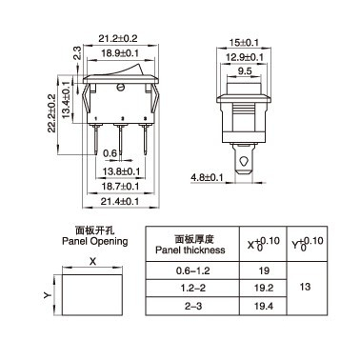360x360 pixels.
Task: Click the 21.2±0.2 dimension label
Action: [x=118, y=39]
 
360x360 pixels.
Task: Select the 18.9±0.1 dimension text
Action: [x=120, y=53]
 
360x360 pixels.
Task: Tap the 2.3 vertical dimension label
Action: [x=77, y=52]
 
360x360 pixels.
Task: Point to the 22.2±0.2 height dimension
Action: [x=51, y=113]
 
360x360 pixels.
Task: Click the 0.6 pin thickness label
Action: [x=110, y=153]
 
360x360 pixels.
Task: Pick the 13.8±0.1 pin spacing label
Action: [x=121, y=171]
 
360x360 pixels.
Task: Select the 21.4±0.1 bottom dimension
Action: [x=120, y=201]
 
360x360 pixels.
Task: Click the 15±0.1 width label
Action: [x=245, y=43]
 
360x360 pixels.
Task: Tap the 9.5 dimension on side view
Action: [x=245, y=71]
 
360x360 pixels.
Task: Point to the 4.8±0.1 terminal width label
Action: [x=207, y=177]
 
